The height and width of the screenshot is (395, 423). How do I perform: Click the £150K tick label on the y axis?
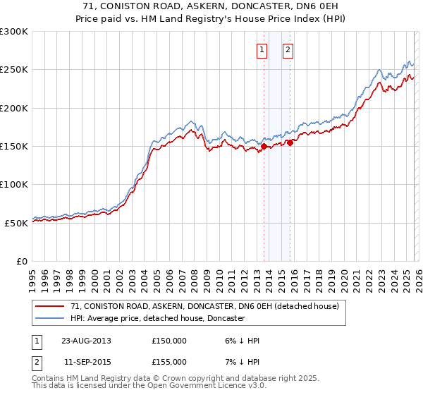pyautogui.click(x=14, y=147)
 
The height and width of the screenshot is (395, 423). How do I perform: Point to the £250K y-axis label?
pyautogui.click(x=14, y=70)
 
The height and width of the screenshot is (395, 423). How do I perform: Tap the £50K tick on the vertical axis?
pyautogui.click(x=16, y=223)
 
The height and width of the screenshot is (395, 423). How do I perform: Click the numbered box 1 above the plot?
pyautogui.click(x=262, y=49)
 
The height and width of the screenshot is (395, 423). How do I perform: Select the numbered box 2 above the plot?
pyautogui.click(x=288, y=49)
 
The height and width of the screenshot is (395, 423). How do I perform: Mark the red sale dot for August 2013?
pyautogui.click(x=264, y=147)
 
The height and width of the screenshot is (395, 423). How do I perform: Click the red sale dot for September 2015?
pyautogui.click(x=290, y=143)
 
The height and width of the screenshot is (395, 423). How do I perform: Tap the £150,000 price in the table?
pyautogui.click(x=169, y=340)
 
